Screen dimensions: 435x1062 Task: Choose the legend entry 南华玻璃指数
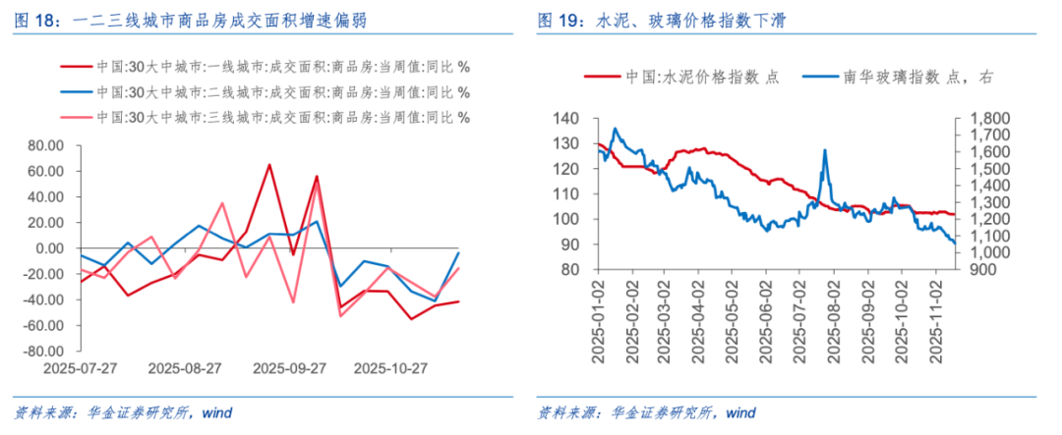point(885,79)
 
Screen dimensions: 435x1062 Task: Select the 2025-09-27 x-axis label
point(289,369)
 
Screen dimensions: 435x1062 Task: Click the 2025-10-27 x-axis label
point(390,369)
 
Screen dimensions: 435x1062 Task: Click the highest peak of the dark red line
point(269,164)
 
